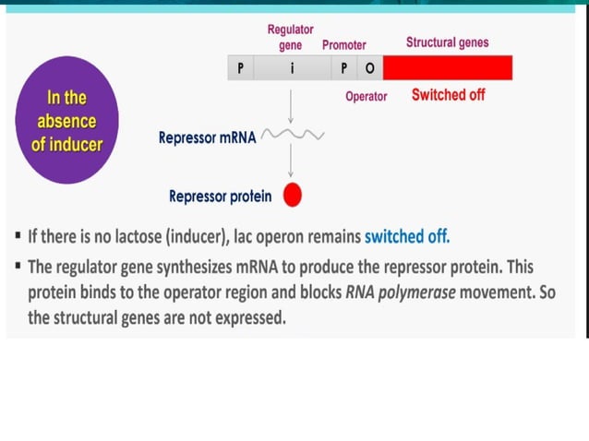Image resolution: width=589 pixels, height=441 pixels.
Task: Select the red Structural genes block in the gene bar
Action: pyautogui.click(x=447, y=68)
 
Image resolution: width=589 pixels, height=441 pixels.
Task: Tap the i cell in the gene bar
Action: pyautogui.click(x=292, y=68)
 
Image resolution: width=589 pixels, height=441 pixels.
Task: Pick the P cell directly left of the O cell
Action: pyautogui.click(x=346, y=68)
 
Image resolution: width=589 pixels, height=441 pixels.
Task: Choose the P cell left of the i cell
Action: pyautogui.click(x=240, y=68)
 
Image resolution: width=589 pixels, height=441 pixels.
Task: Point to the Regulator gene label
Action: pyautogui.click(x=291, y=38)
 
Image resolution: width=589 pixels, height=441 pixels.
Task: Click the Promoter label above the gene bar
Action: pyautogui.click(x=343, y=45)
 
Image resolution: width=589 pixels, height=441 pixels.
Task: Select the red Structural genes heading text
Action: pyautogui.click(x=447, y=42)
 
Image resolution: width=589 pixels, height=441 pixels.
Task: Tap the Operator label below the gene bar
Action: pyautogui.click(x=366, y=96)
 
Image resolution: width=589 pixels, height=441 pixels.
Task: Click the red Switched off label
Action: pyautogui.click(x=448, y=95)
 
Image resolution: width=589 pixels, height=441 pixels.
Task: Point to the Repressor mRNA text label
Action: pyautogui.click(x=208, y=138)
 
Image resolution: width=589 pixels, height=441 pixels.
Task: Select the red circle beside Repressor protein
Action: pyautogui.click(x=293, y=195)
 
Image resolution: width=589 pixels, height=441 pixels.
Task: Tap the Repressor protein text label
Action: pyautogui.click(x=221, y=196)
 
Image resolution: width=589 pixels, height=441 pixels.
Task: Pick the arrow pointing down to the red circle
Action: pyautogui.click(x=292, y=162)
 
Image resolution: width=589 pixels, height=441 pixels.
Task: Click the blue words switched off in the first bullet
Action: pyautogui.click(x=407, y=235)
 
